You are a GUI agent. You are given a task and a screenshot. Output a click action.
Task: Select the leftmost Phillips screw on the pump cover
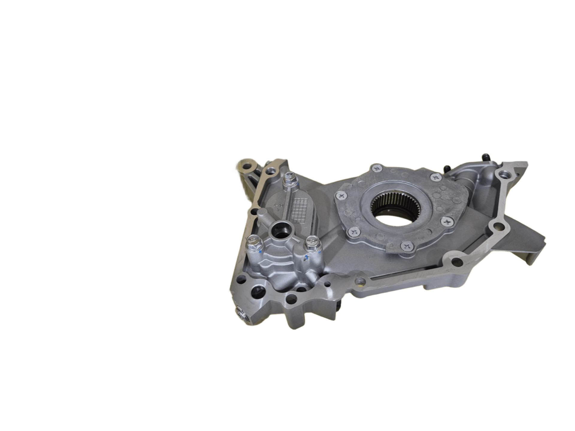pos(342,196)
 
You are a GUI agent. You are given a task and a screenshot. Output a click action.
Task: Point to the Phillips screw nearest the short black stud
pos(435,178)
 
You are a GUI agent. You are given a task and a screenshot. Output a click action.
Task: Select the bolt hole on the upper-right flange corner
pos(503,173)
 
